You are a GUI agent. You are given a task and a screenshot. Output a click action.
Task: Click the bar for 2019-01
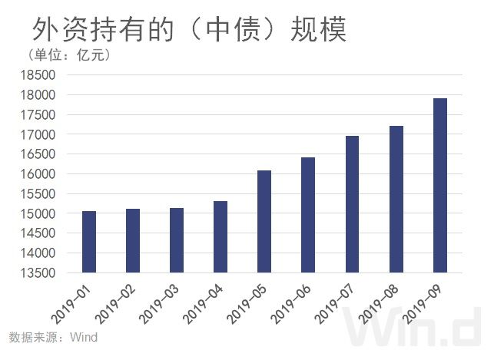pos(89,242)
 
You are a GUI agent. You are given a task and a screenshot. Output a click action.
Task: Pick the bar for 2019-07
pos(352,204)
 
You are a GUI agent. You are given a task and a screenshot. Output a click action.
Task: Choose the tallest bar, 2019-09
pos(439,185)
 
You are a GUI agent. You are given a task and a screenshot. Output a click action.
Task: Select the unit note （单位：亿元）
pos(69,54)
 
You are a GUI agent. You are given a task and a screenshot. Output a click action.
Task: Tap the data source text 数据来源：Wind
pos(53,337)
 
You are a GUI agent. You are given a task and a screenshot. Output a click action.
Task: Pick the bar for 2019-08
pos(396,199)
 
